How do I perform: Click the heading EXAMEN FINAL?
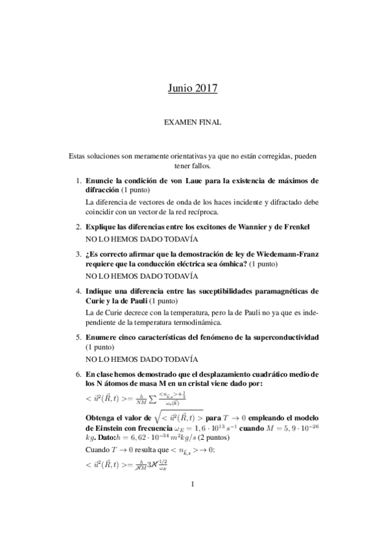193,121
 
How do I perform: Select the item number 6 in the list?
78,374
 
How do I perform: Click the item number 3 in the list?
78,254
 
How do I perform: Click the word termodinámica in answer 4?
193,322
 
